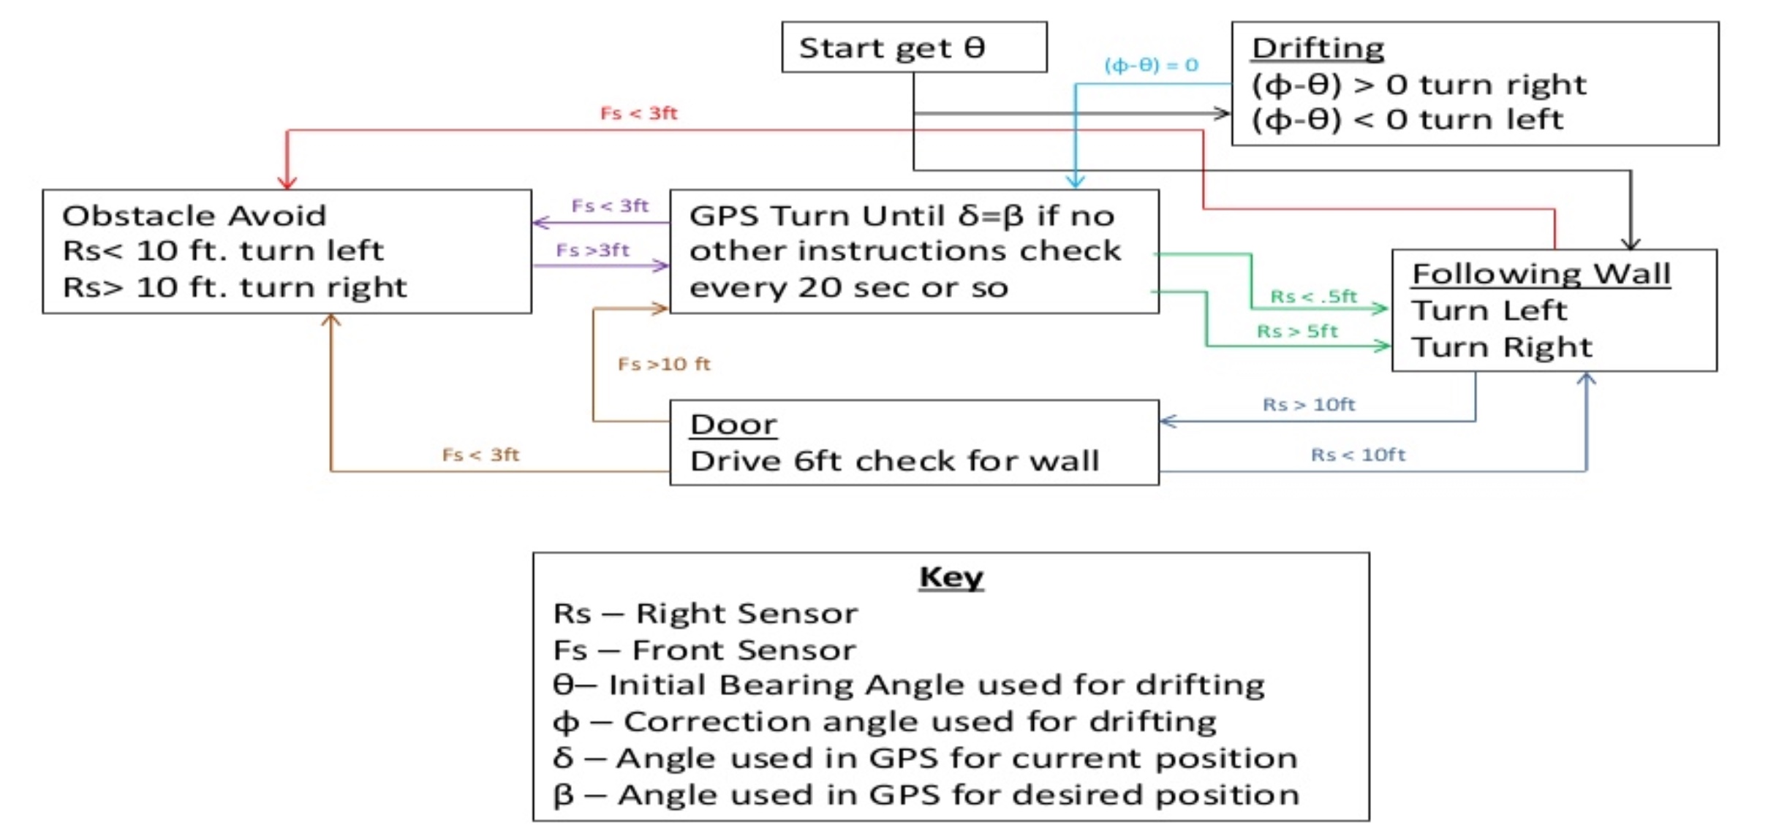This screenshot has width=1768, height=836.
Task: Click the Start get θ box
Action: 913,47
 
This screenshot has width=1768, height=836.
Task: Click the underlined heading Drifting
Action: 1318,48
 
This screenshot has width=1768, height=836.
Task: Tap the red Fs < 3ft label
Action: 638,113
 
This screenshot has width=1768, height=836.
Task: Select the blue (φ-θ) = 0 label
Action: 1151,65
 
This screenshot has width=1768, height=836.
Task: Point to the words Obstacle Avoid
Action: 194,216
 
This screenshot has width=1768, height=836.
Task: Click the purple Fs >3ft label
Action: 592,250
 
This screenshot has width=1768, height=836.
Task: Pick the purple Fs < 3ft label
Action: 609,205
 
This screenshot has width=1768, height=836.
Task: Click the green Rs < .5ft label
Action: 1313,296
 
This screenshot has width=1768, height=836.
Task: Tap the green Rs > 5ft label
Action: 1297,331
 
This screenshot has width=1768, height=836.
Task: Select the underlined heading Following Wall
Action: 1541,274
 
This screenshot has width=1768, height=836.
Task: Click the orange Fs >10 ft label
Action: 664,363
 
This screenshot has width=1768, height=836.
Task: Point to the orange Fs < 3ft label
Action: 480,455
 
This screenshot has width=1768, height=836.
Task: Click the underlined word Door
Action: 733,425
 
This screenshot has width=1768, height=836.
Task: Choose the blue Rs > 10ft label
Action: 1309,404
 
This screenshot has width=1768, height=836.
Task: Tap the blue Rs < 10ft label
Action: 1358,455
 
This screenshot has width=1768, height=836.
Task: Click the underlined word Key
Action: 951,577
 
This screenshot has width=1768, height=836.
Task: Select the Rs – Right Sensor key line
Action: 705,613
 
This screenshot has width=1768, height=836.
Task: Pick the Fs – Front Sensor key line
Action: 704,650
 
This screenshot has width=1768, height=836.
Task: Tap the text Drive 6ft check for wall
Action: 894,461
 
